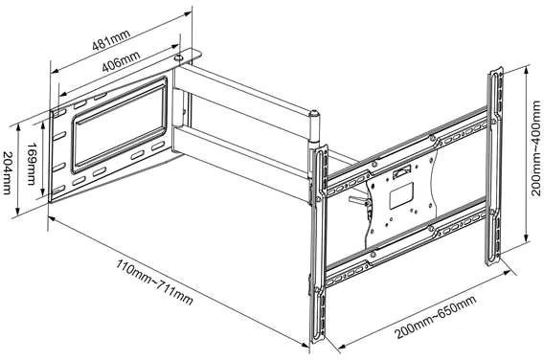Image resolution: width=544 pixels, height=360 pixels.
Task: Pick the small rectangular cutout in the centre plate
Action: click(404, 172)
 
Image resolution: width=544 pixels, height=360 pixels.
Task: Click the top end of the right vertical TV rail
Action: click(496, 75)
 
